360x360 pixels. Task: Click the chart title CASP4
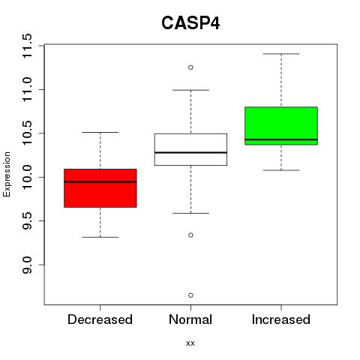click(190, 23)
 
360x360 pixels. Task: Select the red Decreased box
click(100, 188)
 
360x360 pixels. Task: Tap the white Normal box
click(190, 149)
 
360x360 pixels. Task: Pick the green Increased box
click(281, 126)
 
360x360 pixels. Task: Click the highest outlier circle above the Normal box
click(190, 67)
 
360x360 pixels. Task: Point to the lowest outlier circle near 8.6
click(190, 295)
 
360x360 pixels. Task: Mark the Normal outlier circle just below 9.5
click(190, 235)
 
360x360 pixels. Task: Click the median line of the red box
click(100, 181)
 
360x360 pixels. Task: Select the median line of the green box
click(281, 139)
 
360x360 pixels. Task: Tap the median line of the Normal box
click(190, 152)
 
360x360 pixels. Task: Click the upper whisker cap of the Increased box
click(281, 54)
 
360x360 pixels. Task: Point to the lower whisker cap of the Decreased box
click(100, 237)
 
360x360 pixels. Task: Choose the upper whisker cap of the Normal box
click(190, 90)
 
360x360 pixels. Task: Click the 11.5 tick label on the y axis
click(26, 46)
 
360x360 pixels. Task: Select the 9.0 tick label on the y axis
click(26, 265)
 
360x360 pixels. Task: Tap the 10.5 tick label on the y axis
click(26, 133)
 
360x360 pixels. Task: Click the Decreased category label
click(100, 319)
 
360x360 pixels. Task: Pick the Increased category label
click(281, 319)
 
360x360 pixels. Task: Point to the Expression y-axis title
click(7, 174)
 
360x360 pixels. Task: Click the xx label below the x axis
click(190, 343)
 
